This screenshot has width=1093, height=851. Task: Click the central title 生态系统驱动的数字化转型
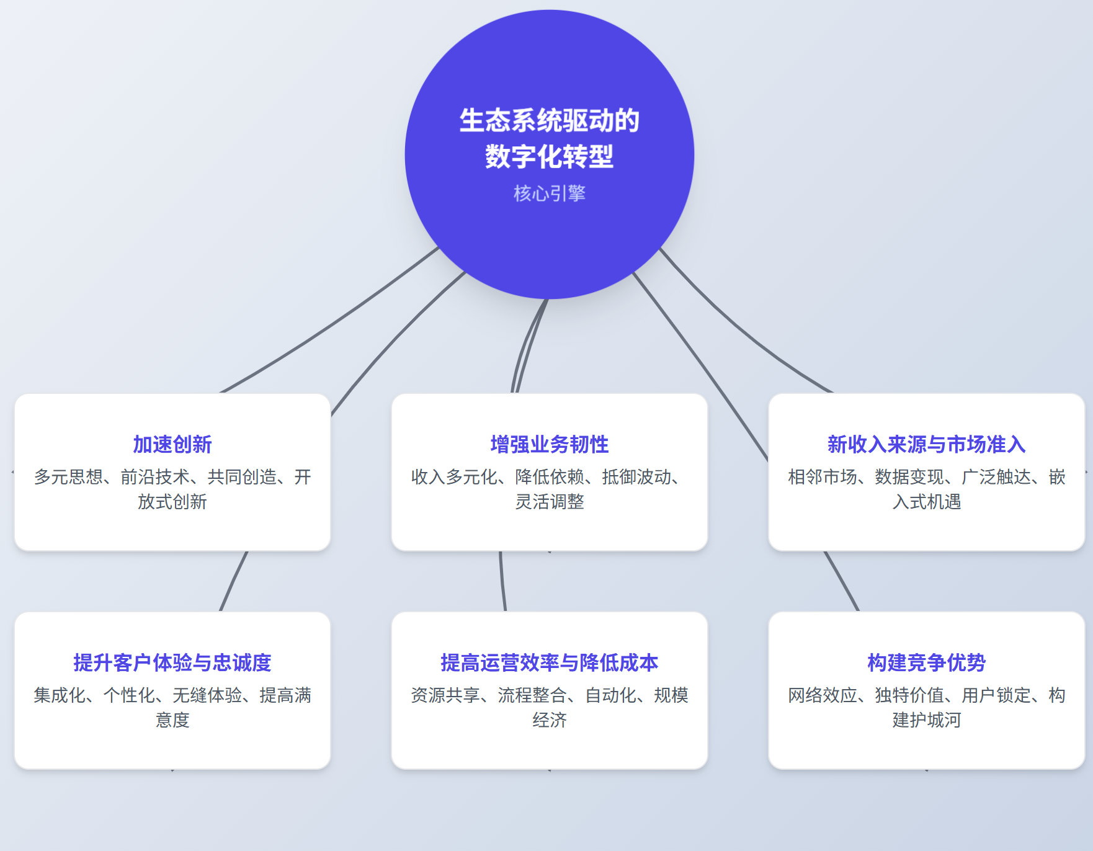tap(549, 138)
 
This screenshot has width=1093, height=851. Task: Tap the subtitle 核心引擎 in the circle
tap(549, 194)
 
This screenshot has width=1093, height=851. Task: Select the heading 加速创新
tap(172, 444)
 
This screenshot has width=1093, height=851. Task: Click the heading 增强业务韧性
tap(549, 444)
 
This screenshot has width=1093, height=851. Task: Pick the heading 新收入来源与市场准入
tap(926, 444)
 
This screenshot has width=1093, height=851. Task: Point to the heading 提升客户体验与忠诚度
tap(172, 662)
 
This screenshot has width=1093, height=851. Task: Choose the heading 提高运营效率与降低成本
tap(549, 662)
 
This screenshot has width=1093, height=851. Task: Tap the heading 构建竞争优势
tap(926, 662)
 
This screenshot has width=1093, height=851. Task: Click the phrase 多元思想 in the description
tap(68, 477)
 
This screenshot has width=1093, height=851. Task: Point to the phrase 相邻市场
tap(823, 477)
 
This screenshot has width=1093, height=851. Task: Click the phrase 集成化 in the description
tap(60, 695)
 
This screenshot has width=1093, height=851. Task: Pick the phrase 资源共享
tap(445, 695)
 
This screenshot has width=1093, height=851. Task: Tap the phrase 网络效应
tap(823, 695)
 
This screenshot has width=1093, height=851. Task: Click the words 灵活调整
tap(549, 502)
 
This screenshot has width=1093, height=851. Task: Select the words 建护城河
tap(926, 720)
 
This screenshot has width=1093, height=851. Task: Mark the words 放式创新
tap(172, 502)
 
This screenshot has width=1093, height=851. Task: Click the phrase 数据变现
tap(909, 477)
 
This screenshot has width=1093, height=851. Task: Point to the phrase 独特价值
tap(909, 695)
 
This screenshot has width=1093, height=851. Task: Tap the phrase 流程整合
tap(532, 695)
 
